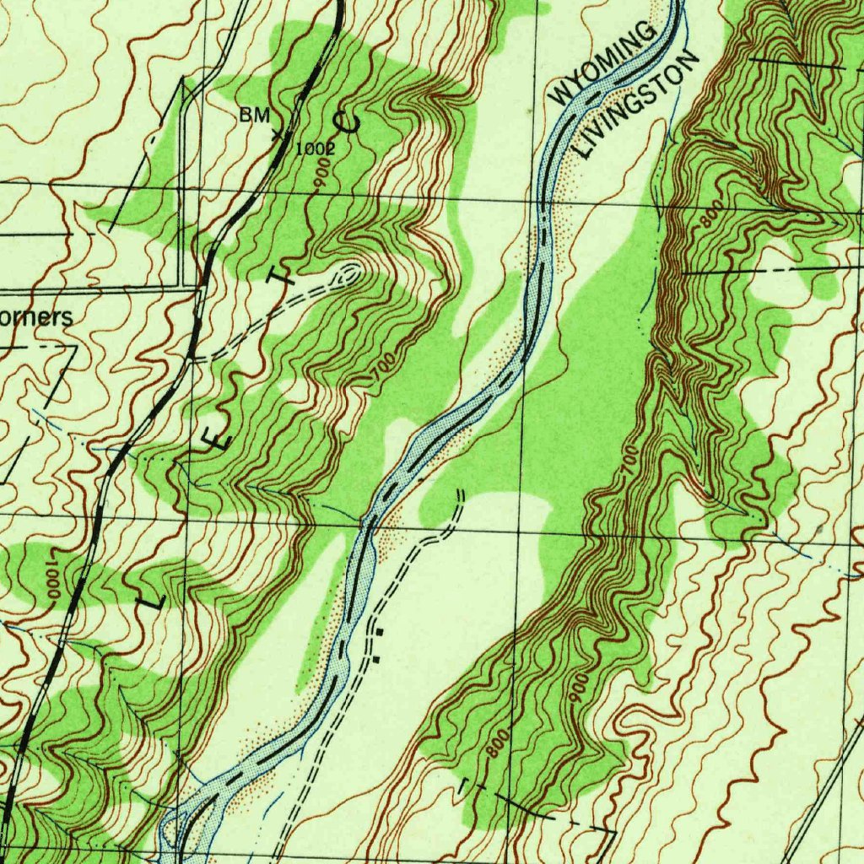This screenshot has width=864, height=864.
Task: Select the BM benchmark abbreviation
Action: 253,116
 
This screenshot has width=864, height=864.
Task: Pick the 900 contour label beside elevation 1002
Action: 321,176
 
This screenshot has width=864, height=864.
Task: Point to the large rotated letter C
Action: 347,123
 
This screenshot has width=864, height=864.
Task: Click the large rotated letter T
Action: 283,275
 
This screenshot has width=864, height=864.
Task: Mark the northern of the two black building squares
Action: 380,630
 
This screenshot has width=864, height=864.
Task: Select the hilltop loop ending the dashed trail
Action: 349,271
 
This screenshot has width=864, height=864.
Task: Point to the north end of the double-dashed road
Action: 461,491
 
